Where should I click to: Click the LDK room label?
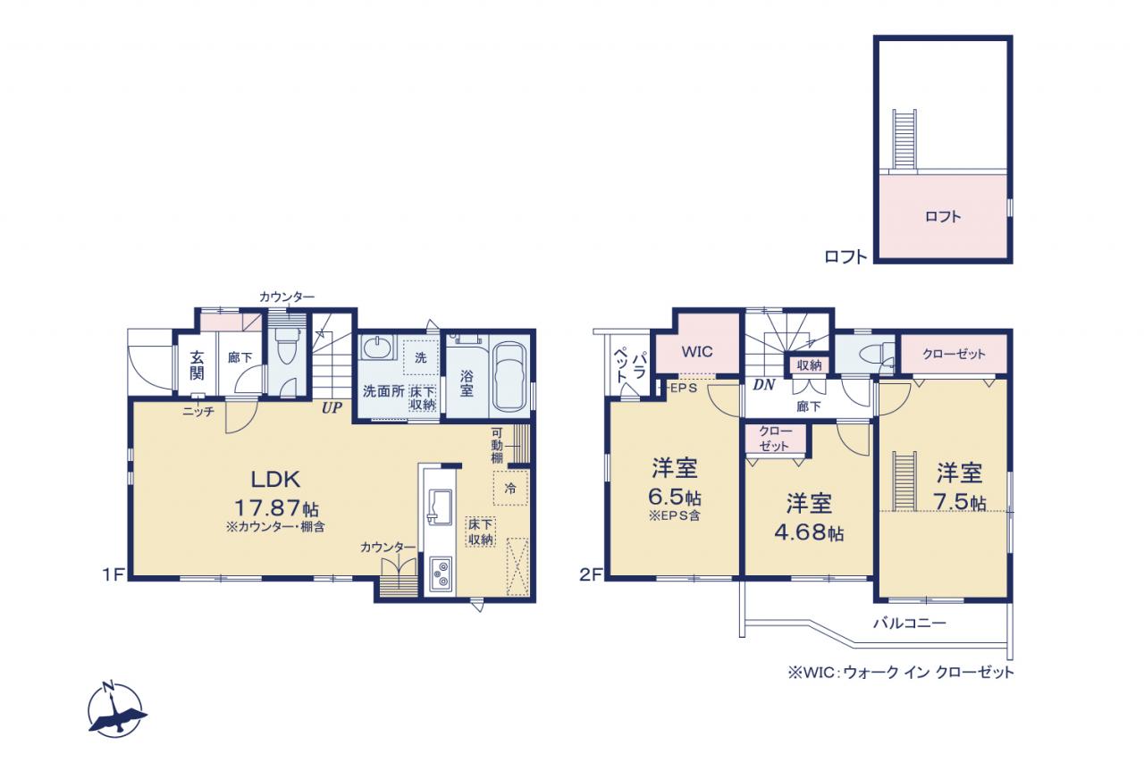[275, 479]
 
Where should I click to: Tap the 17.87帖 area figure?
[277, 508]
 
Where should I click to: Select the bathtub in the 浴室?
[509, 376]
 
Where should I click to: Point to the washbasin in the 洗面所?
[377, 347]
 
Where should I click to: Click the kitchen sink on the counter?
[440, 507]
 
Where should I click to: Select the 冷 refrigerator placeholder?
[510, 489]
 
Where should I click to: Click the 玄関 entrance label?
[198, 365]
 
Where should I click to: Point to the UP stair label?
[332, 408]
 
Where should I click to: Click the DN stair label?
[764, 385]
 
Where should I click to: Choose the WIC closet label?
[697, 352]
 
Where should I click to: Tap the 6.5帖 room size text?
[674, 497]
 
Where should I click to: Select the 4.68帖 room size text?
[809, 532]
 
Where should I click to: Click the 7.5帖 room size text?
[960, 501]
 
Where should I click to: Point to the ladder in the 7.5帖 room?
[904, 481]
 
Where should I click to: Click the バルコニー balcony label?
[910, 624]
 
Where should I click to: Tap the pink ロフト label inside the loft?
[943, 217]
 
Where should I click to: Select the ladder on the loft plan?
[904, 139]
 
